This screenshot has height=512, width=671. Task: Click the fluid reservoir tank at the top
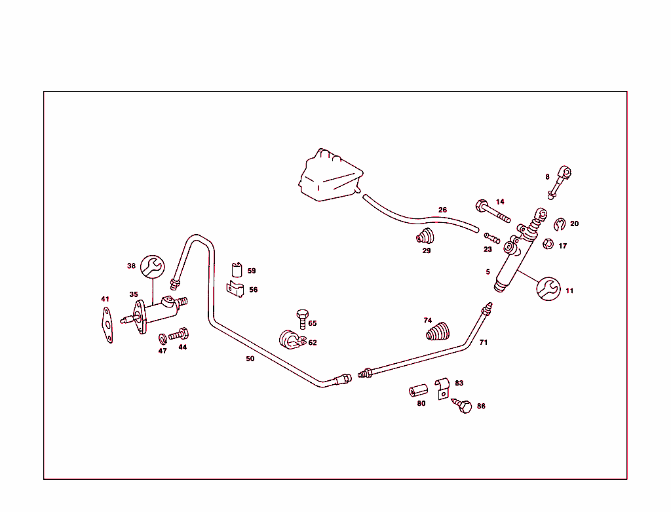point(330,176)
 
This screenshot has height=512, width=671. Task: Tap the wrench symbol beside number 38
point(152,267)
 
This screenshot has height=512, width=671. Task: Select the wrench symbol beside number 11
point(548,288)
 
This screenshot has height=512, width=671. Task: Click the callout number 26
point(442,210)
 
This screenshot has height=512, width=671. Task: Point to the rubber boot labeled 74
point(438,332)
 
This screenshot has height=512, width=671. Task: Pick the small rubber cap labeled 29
point(425,236)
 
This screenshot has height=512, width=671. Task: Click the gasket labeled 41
point(107,325)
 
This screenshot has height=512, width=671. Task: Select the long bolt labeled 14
point(493,211)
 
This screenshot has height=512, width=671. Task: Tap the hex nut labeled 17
point(548,244)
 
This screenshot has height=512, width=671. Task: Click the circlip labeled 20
point(560,224)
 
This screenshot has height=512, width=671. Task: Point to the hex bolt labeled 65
point(303,319)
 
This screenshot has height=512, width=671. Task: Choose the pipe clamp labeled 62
point(292,340)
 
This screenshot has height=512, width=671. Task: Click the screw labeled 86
point(462,405)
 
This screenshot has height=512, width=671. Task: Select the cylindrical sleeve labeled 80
point(418,391)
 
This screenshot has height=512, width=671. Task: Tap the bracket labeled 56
point(235,289)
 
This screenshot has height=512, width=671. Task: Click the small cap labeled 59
point(237,269)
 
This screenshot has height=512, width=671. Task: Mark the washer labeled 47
point(163,339)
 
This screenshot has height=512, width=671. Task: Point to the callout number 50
point(250,359)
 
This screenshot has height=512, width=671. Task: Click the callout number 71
point(483,342)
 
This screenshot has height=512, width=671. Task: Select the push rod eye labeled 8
point(560,182)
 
